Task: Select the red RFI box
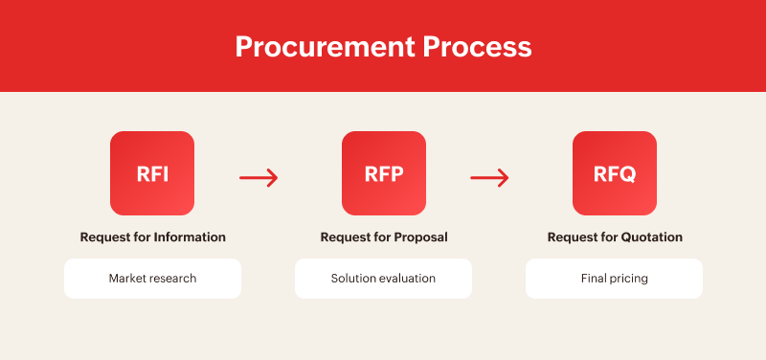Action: (152, 173)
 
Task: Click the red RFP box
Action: (383, 173)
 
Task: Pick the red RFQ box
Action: (614, 173)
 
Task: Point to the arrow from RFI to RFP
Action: (258, 177)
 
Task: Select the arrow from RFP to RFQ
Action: (489, 177)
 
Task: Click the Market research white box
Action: (152, 279)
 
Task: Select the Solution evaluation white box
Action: (383, 279)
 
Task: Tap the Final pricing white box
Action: (614, 279)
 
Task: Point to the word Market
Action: (126, 279)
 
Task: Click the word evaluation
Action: (406, 279)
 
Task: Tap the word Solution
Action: (351, 279)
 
